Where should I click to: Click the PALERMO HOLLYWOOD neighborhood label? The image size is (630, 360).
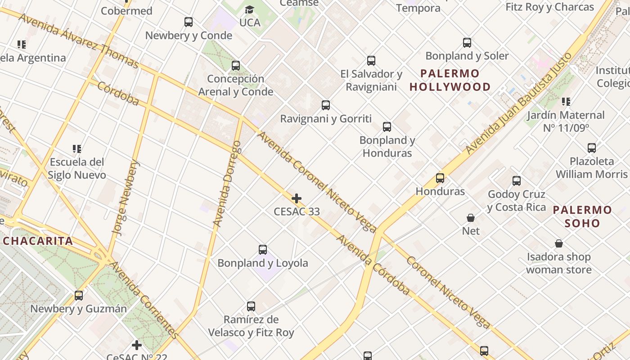[x=450, y=80]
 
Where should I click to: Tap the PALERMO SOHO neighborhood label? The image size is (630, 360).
[x=582, y=216]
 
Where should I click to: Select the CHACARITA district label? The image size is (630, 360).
[x=38, y=241]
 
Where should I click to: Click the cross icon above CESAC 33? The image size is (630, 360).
[x=297, y=198]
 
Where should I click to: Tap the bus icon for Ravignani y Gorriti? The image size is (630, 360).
[x=326, y=105]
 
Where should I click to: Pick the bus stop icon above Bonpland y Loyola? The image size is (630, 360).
[x=263, y=249]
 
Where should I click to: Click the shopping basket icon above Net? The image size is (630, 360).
[x=471, y=218]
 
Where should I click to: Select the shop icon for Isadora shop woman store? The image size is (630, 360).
[x=558, y=243]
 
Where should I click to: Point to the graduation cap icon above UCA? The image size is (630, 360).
[x=249, y=9]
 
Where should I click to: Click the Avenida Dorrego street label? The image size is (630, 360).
[x=227, y=184]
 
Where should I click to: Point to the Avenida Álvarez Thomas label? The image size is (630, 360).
[x=79, y=40]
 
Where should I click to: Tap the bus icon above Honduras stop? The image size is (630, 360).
[x=440, y=178]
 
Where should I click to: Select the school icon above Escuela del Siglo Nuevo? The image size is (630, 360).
[x=77, y=148]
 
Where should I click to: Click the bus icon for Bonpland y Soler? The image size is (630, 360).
[x=467, y=43]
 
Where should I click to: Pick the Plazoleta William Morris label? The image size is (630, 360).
[x=591, y=167]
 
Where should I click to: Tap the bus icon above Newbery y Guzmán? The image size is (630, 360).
[x=79, y=296]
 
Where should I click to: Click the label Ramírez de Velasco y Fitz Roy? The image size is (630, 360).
[x=251, y=326]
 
